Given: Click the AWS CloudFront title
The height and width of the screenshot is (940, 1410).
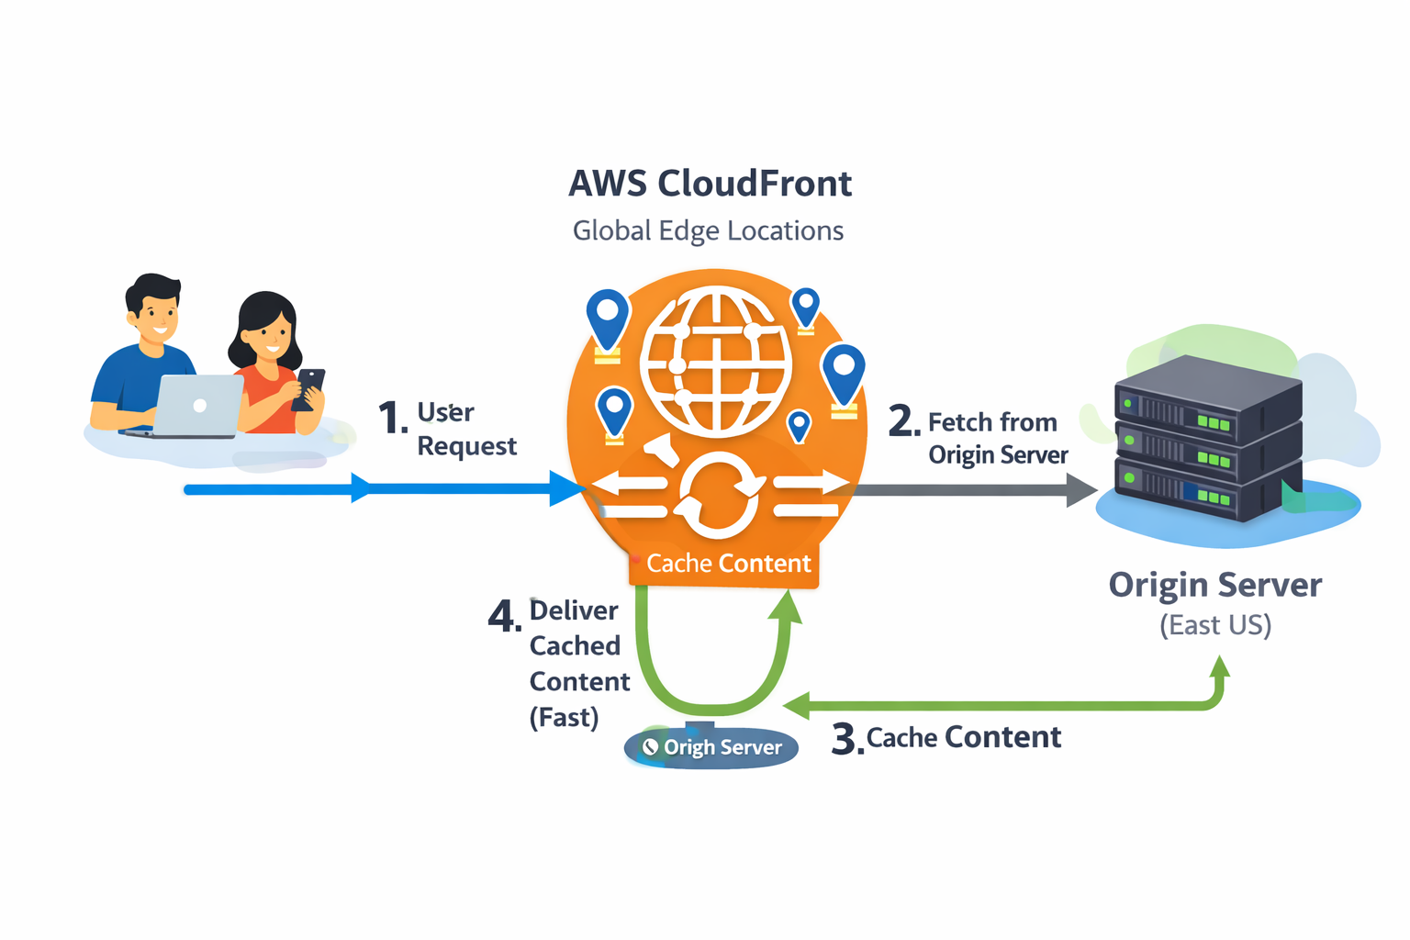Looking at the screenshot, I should pos(710,184).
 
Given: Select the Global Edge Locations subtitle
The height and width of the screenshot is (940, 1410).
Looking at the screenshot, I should pos(708,230).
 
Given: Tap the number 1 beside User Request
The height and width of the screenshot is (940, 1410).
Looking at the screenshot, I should pos(392,419).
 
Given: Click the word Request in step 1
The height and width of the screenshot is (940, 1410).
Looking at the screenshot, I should pos(466,446).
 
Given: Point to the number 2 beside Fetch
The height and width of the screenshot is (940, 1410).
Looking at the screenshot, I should pos(902,421).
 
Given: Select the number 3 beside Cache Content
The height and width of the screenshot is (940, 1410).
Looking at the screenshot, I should pos(845,739).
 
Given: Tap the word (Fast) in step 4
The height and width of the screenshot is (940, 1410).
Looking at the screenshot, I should pos(564,717).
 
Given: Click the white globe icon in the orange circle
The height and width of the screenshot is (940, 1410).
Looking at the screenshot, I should pos(716,360).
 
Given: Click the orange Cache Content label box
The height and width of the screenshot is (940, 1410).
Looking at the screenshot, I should pos(724,564).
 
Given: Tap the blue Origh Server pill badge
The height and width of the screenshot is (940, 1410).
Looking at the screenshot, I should pos(711,747).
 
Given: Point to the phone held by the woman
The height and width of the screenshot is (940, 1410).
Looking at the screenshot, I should pos(308,387).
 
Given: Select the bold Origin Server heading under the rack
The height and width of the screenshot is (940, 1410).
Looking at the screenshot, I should pos(1214,585).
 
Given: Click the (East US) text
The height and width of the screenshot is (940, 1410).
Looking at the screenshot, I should pos(1214,626).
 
